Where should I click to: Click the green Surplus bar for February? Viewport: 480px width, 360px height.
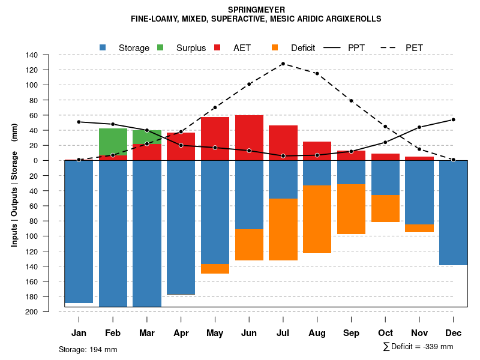pos(113,142)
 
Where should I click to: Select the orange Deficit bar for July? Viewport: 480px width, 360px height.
pos(283,229)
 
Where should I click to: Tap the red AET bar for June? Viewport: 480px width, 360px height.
pos(249,137)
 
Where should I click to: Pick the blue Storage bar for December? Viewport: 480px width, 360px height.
pos(454,212)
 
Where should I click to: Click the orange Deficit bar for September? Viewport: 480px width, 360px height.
pos(351,209)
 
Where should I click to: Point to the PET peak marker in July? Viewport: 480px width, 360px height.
pos(283,64)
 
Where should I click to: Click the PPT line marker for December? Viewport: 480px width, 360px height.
pos(454,119)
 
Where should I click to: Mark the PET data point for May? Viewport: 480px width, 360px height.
pos(215,107)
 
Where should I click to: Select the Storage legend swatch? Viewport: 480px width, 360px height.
pos(103,47)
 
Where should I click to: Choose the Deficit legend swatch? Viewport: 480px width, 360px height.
pos(275,47)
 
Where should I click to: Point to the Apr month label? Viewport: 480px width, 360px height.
pos(181,333)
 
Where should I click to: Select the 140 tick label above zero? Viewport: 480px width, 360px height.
pos(32,55)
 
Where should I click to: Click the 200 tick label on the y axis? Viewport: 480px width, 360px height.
pos(32,311)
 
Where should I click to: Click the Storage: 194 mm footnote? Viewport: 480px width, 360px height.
pos(88,349)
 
